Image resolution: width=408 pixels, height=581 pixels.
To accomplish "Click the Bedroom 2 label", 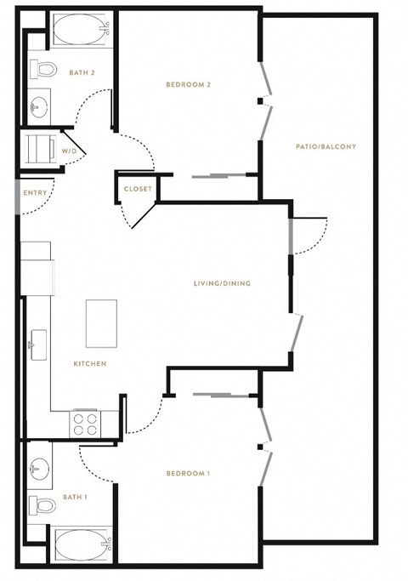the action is pos(188,84).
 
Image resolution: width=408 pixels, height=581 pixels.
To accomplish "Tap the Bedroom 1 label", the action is pos(188,473).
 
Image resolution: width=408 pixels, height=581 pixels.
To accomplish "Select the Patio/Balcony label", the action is pos(326,146).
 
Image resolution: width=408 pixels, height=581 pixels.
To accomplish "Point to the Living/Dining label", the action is pos(222,283).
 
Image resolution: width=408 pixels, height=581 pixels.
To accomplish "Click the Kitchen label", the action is pos(90,363).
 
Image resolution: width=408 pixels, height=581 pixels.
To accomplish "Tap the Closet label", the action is pos(138,189).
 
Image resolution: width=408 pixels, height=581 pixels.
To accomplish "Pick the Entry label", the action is pos(35,193).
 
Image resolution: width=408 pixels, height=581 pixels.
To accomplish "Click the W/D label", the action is pos(69,151).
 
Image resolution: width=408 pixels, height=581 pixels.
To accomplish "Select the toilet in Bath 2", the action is pos(43,69).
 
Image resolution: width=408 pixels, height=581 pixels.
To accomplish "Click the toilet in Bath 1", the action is pos(42,505).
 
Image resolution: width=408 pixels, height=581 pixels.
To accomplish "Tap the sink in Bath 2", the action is pos(39,106).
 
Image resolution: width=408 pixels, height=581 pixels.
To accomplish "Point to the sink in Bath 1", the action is pos(39,467).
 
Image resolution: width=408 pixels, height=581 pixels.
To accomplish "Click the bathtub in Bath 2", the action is pos(82,29).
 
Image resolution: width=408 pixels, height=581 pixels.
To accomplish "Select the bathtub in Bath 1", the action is pos(82,545).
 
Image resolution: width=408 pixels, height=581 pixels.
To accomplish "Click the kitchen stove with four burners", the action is pos(85,424).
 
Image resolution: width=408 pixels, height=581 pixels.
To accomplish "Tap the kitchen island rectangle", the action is pos(101,323).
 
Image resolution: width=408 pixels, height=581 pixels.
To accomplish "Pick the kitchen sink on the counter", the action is pos(37,345).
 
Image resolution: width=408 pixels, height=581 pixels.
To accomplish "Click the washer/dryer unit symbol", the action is pos(41,149).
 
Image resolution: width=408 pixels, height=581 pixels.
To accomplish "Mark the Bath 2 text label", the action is pos(82,72).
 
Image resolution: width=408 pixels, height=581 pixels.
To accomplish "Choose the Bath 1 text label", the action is pos(75,497).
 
